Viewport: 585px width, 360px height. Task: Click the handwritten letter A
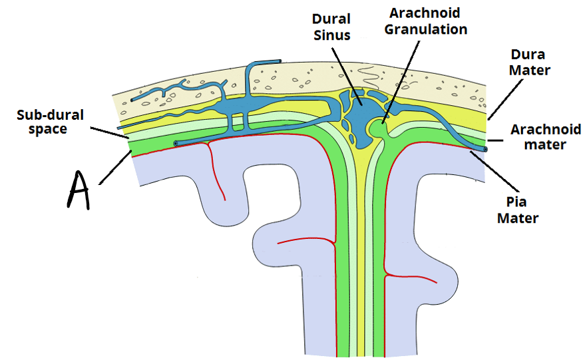(79, 190)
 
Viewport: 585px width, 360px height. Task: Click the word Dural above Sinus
(331, 19)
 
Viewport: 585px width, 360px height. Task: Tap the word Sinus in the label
(331, 35)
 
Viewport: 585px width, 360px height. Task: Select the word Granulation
(426, 29)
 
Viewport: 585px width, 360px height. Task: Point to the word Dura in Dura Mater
(528, 55)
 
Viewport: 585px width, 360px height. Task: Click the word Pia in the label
(516, 202)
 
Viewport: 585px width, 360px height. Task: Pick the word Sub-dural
(50, 115)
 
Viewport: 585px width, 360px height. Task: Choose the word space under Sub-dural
(48, 130)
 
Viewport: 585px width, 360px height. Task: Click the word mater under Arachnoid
(545, 144)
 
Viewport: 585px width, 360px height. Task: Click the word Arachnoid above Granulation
(425, 13)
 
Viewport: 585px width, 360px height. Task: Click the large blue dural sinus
(359, 112)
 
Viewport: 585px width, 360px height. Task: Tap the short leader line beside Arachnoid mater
(495, 140)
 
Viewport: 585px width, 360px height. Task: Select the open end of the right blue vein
(485, 149)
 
